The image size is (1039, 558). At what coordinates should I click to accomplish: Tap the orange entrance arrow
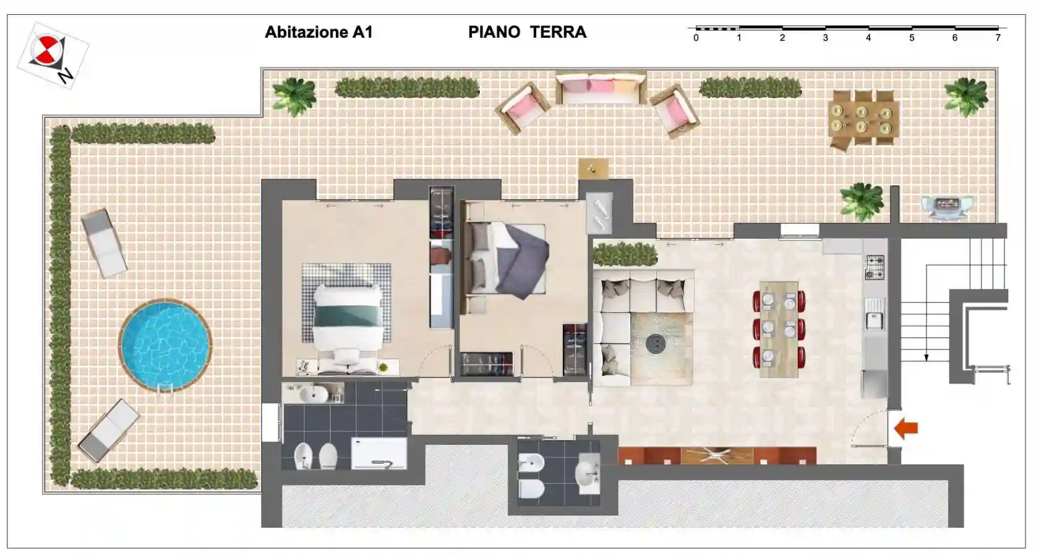pos(907,428)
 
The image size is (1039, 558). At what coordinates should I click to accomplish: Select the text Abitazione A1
pos(319,32)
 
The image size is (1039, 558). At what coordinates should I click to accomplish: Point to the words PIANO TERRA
pos(527,32)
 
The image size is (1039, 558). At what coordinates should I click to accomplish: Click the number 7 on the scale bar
pos(998,38)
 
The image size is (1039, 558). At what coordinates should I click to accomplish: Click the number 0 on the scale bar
pos(696,38)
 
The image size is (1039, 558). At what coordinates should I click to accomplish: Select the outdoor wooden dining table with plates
pos(863,119)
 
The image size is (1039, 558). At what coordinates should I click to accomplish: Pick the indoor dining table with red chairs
pos(779,328)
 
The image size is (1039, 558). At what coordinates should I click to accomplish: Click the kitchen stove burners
pos(874,267)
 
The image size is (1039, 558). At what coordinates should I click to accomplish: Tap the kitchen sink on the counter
pos(874,320)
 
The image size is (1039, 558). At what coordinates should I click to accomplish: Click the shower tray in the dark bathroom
pos(378,453)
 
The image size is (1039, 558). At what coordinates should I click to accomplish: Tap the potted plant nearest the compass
pos(294,96)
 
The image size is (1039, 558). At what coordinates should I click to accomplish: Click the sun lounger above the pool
pos(105,243)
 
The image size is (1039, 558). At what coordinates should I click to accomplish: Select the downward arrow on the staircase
pos(926,356)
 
